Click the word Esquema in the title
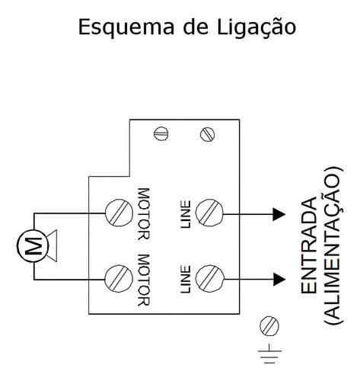126,27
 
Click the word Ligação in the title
256,27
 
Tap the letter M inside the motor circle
33,246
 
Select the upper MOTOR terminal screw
119,213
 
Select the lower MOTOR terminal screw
119,279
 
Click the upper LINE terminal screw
209,213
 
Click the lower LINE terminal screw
209,279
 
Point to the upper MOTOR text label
144,214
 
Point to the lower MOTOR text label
144,280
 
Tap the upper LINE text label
186,215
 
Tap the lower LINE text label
186,280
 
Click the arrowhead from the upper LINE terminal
279,214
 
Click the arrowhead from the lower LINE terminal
279,280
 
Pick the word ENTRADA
309,245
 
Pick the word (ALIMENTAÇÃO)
334,245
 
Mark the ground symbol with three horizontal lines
269,354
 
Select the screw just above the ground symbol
269,326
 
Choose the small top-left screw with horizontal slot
161,133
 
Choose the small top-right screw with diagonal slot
207,134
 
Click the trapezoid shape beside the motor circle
53,245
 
